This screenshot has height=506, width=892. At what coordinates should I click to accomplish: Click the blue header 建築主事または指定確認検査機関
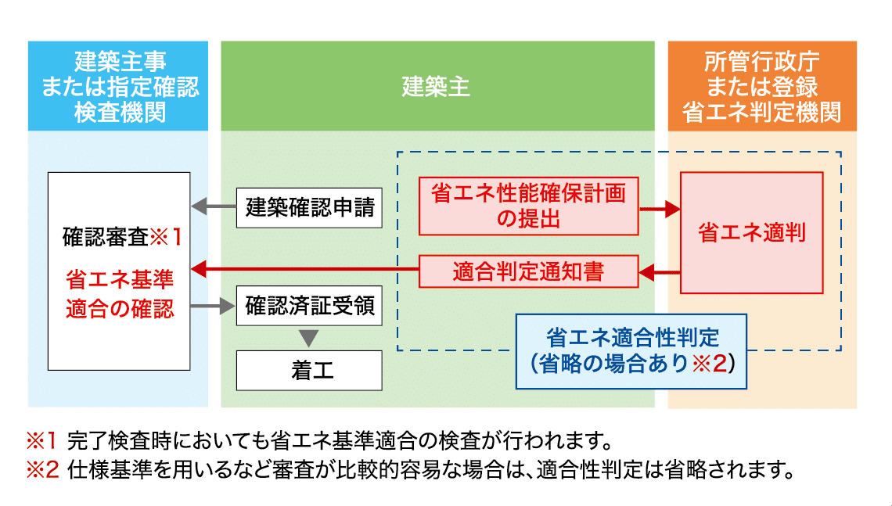coord(117,86)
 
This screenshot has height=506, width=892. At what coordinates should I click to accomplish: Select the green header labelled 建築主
coord(437,86)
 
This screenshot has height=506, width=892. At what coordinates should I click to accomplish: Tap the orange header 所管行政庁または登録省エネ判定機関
coord(762,86)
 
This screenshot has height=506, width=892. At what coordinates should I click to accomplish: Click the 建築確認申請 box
coord(309,208)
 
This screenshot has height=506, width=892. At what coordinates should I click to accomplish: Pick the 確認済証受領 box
coord(309,306)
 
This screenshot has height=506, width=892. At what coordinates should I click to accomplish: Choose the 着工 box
coord(309,370)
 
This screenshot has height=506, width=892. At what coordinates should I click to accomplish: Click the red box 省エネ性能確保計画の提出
coord(528,206)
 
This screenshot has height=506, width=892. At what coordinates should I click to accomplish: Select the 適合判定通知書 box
coord(528,271)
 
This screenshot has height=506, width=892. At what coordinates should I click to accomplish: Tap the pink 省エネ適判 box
coord(751,232)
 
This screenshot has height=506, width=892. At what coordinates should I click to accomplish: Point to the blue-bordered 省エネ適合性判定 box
coord(631,351)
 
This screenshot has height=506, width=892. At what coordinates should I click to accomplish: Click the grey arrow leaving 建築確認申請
coord(214,206)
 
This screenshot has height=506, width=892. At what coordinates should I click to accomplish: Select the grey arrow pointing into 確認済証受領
coord(213,307)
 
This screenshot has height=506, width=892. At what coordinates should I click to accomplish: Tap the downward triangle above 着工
coord(309,339)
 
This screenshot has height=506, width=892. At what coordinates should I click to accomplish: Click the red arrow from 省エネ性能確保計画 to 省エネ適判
coord(660,210)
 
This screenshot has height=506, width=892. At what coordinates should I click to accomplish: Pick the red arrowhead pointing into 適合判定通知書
coord(647,273)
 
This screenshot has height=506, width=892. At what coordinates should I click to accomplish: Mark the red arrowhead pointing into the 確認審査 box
coord(199,269)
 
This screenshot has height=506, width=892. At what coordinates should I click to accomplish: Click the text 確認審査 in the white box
coord(106,237)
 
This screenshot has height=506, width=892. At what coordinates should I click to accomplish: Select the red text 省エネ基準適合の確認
coord(120,294)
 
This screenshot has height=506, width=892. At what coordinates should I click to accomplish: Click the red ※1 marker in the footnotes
coord(41,440)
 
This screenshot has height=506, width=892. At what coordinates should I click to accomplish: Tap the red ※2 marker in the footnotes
coord(42,470)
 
